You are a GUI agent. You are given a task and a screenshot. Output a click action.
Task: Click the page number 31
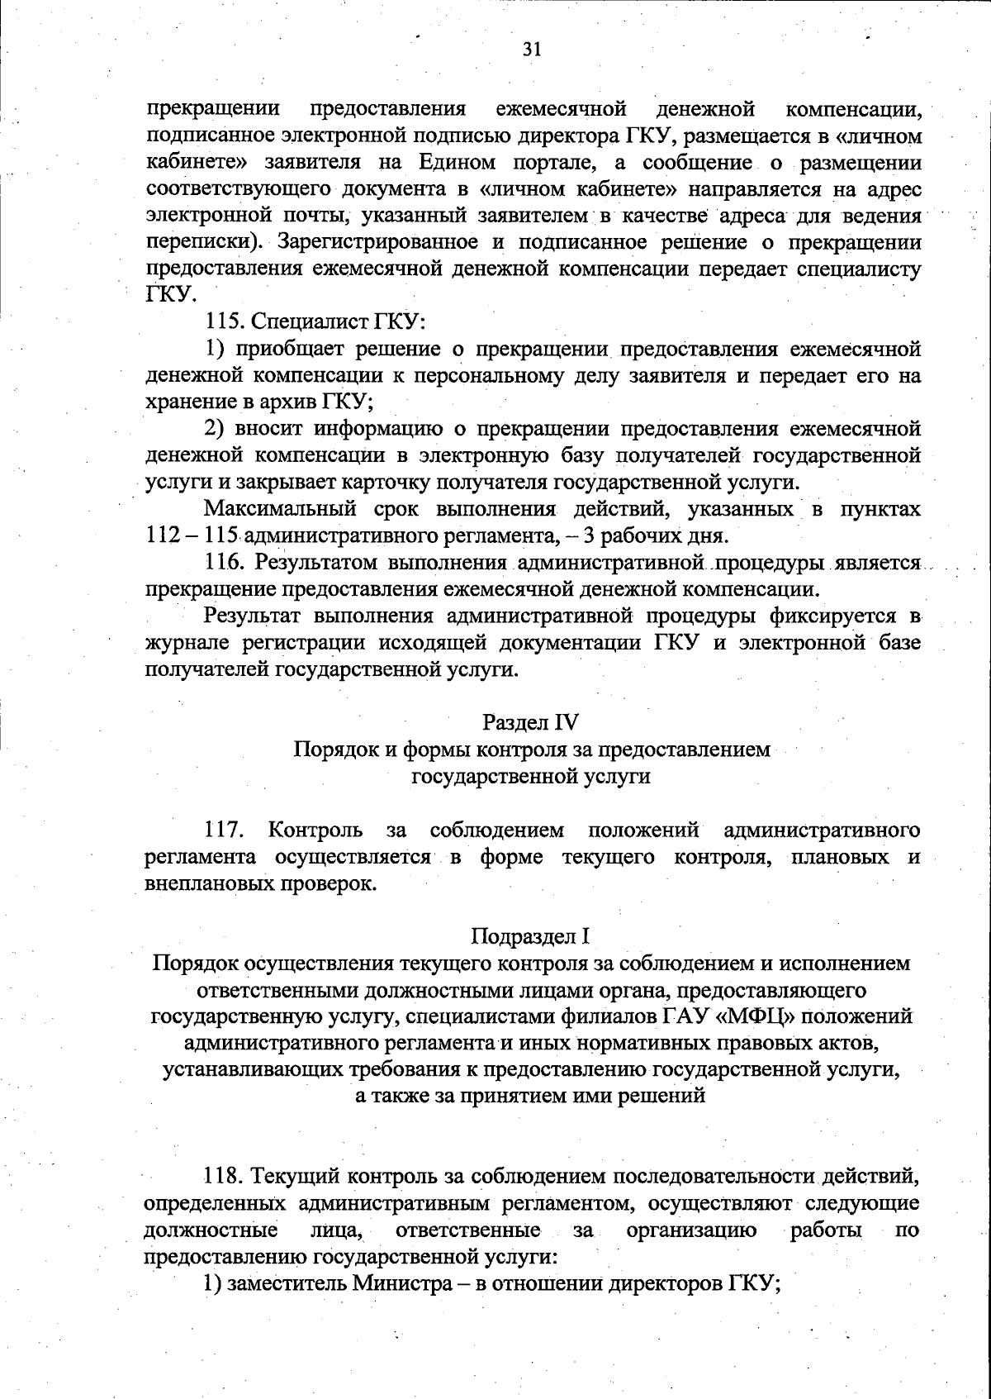click(531, 50)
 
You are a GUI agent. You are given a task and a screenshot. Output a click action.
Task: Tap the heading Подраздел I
click(531, 936)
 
